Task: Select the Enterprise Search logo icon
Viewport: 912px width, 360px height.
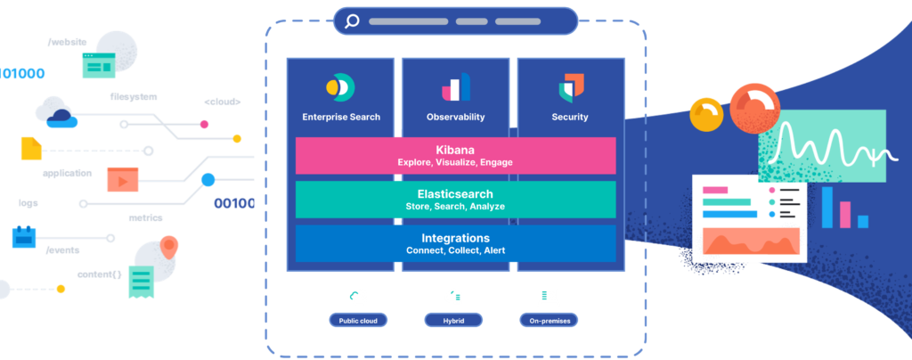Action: [x=340, y=87]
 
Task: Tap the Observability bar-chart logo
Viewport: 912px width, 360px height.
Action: [x=455, y=87]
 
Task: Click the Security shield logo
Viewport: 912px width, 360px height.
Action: [x=571, y=87]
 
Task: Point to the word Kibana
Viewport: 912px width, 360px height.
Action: [x=455, y=150]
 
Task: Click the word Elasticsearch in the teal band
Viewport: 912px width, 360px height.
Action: [x=455, y=193]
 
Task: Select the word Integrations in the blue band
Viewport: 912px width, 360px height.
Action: [x=455, y=238]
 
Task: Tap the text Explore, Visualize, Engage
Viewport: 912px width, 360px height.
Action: [x=455, y=163]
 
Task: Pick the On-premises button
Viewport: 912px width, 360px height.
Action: [x=549, y=320]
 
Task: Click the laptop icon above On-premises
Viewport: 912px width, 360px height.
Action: [x=548, y=297]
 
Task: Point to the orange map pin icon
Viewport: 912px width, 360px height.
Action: [x=169, y=246]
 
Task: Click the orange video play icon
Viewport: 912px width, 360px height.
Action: [x=122, y=179]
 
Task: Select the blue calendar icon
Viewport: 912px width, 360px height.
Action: [x=24, y=237]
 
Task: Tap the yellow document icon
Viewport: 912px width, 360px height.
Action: [x=30, y=148]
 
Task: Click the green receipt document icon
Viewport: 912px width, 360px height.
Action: [x=141, y=283]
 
